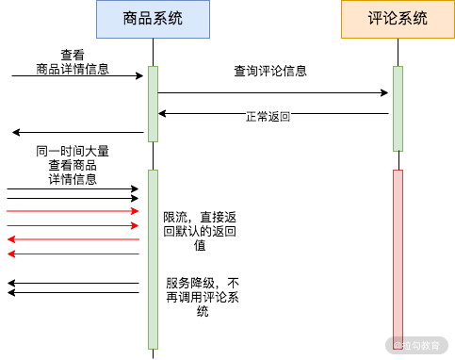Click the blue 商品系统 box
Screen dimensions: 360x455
click(153, 19)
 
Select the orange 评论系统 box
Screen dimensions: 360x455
click(398, 19)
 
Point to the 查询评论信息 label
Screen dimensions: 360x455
click(270, 71)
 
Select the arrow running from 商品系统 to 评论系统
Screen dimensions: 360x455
click(273, 92)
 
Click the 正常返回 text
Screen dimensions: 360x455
click(268, 117)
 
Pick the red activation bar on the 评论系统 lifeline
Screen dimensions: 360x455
click(398, 254)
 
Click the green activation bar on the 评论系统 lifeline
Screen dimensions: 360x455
click(398, 107)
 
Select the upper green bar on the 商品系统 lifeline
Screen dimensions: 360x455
click(153, 104)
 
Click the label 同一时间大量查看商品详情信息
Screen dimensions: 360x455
click(73, 164)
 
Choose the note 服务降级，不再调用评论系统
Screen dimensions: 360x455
click(202, 296)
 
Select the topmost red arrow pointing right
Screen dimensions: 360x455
click(73, 211)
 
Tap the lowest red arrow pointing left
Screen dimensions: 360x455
click(73, 254)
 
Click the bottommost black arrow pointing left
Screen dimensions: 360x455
click(73, 292)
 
